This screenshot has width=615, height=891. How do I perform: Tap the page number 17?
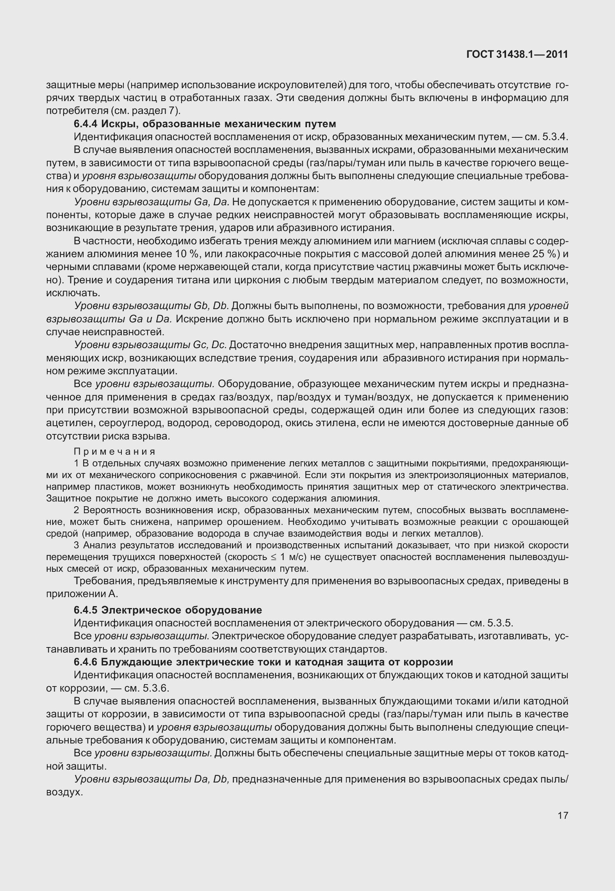pos(563,815)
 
